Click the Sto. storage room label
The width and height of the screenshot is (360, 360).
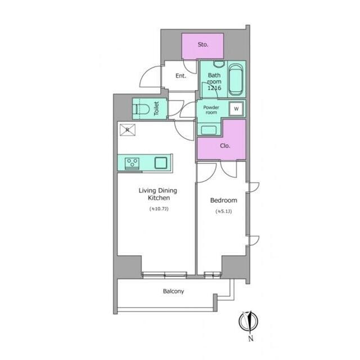point(203,44)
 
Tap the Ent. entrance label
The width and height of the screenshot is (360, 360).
point(181,76)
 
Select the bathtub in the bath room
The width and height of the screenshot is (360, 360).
point(236,80)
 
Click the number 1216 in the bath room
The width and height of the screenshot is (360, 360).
point(214,88)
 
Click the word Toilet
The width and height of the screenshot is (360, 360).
point(156,109)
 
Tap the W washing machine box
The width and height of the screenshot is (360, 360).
point(236,109)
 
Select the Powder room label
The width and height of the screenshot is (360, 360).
point(211,110)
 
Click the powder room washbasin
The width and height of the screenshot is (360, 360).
point(209,130)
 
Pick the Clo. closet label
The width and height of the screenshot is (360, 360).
point(225,146)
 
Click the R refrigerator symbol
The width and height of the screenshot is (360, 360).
point(128,130)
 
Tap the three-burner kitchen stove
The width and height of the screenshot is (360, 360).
point(132,164)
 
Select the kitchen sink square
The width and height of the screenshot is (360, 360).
point(161,163)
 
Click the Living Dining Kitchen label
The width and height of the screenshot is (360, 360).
point(158,194)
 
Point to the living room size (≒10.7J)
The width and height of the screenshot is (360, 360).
point(159,209)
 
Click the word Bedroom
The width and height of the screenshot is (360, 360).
point(224,200)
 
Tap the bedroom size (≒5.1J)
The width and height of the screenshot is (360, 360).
point(224,211)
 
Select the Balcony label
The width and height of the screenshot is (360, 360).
point(173,291)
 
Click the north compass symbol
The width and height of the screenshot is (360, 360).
point(249,321)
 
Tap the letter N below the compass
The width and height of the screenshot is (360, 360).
point(251,339)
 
